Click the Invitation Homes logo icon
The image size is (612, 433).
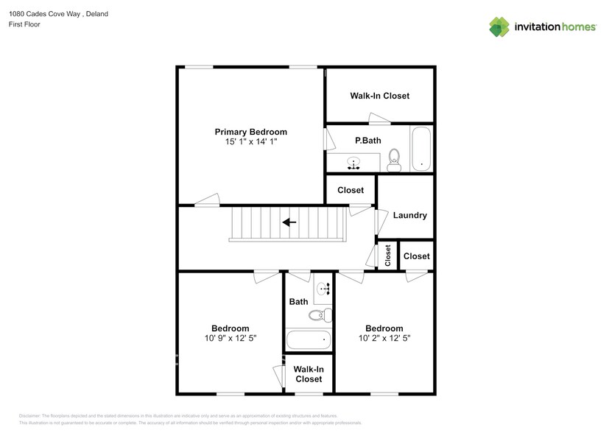point(499,27)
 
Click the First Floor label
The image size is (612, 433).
point(24,25)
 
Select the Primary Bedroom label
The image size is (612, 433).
point(250,132)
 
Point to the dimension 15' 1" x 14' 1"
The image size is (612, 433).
point(250,141)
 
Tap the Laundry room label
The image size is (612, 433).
point(409,216)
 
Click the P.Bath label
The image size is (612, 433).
point(367,140)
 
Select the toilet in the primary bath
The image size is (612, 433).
point(394,160)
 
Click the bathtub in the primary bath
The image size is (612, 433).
point(421,149)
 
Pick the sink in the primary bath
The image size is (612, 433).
point(354,163)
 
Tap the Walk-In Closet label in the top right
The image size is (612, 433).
point(379,96)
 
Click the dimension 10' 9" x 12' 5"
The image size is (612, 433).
point(230,339)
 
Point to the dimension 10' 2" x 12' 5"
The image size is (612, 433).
point(384,339)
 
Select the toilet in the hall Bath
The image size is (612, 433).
point(319,316)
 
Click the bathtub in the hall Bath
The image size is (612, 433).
point(309,339)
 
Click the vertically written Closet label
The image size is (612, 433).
point(387,256)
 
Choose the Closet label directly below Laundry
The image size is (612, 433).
point(416,256)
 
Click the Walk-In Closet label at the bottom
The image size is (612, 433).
point(308,374)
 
